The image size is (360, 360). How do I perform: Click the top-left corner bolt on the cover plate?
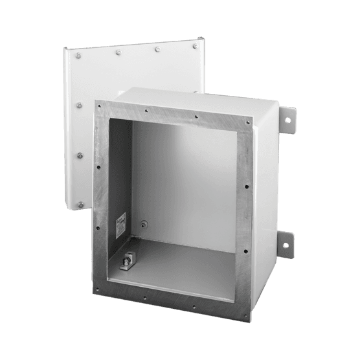[x=78, y=56]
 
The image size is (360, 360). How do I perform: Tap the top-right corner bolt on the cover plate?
[x=196, y=46]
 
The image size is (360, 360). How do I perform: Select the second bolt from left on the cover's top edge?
[x=117, y=52]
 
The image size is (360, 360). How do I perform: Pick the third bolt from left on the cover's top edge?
[x=157, y=49]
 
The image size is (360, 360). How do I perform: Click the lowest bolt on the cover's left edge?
[x=81, y=204]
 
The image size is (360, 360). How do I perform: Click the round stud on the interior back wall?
[x=144, y=225]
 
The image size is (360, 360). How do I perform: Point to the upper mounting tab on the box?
[x=287, y=119]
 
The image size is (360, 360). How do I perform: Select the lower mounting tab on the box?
[x=286, y=243]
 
